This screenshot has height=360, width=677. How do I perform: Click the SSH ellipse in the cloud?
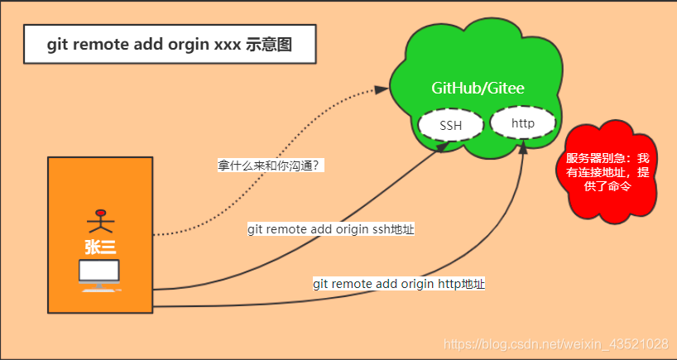click(450, 126)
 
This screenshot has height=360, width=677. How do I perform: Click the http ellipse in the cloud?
click(522, 123)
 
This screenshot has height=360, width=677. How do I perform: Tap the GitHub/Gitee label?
click(478, 88)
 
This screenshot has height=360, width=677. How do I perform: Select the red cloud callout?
click(608, 172)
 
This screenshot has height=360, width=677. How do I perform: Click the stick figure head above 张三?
click(101, 211)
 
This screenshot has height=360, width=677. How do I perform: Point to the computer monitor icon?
click(99, 271)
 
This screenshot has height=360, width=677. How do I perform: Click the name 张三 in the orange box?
click(99, 247)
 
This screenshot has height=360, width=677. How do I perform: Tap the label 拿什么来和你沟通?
click(269, 166)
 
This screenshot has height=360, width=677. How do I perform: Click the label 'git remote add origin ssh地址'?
click(331, 229)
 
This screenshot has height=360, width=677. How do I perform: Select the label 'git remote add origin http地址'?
click(399, 284)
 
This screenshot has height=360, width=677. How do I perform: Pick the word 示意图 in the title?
click(270, 45)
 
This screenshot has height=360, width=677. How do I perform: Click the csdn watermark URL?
click(556, 343)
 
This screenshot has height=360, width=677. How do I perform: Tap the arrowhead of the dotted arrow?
click(382, 89)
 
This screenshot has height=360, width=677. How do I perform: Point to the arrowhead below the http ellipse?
click(523, 147)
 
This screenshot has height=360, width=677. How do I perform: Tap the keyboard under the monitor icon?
click(99, 287)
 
